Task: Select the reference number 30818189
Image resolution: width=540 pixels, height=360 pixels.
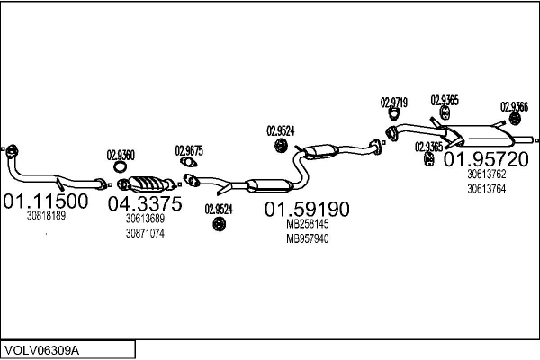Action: (x=46, y=217)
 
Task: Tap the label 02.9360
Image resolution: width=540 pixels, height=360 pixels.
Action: (x=121, y=155)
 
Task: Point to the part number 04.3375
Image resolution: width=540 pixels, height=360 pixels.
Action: (x=145, y=204)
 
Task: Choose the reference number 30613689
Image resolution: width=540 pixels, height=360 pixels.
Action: (x=145, y=219)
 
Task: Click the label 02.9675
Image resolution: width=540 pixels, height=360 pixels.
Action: (x=189, y=150)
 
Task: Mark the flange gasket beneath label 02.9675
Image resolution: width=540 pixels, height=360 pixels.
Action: (x=189, y=163)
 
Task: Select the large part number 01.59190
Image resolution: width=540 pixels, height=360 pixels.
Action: (x=307, y=210)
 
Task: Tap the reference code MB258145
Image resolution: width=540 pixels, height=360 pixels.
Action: (x=307, y=224)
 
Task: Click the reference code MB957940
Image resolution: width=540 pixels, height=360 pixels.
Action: (x=307, y=238)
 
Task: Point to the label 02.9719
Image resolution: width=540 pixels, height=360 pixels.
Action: (x=394, y=102)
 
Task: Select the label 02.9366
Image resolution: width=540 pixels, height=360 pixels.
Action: (x=515, y=106)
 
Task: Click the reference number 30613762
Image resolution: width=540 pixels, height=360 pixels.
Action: (x=486, y=175)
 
